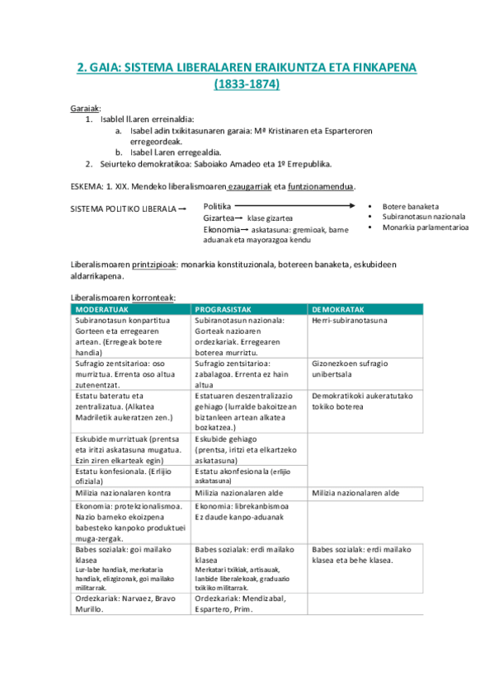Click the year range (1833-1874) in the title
pos(247,84)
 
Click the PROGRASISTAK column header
pos(223,309)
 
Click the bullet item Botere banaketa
pos(410,206)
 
